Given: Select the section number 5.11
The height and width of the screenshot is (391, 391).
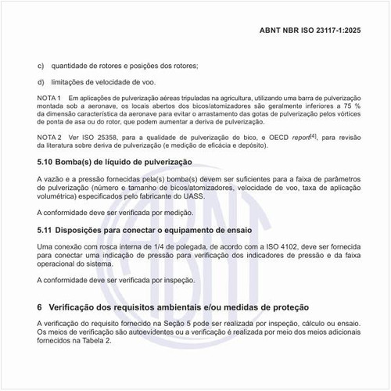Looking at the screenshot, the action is (47, 231).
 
